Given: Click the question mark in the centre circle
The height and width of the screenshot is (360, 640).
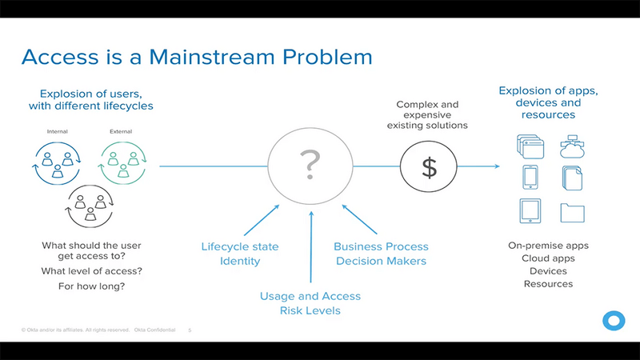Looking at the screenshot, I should coord(310,165).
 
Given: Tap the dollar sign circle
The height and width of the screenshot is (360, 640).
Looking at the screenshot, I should coord(430,167).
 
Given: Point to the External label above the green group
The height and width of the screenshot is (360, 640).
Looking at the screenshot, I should coord(121,132).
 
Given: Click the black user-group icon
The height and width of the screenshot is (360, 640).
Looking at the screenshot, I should coord(90,207).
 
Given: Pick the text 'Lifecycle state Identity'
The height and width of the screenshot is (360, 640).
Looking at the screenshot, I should coord(230,254).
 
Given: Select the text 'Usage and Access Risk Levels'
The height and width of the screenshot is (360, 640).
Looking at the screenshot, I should coord(310,303).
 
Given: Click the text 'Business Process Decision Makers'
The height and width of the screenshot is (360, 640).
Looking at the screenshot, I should coord(381,254).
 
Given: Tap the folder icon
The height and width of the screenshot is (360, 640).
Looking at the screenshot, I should coord(572,212).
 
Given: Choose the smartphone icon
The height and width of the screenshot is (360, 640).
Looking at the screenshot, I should coord(530,178).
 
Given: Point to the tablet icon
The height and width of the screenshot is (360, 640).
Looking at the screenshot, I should coord(530,211).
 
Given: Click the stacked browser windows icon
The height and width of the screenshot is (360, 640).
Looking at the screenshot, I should coord(530,146).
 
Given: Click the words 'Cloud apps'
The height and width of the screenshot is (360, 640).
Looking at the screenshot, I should coord(548,258).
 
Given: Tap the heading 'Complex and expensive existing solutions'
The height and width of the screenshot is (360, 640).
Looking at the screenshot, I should coord(427,115).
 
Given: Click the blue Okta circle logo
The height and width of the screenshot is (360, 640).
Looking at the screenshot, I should coord(614,320).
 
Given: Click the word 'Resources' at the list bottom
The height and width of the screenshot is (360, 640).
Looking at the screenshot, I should coord(548,284).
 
